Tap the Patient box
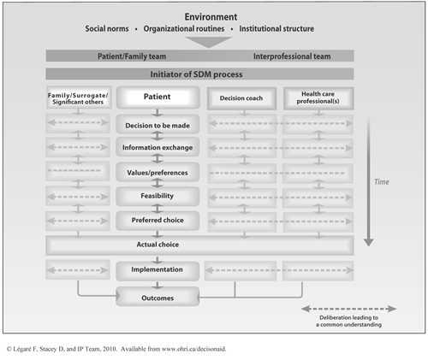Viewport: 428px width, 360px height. tap(157, 97)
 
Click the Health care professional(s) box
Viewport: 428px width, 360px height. tap(318, 97)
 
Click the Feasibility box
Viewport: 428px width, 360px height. tap(158, 196)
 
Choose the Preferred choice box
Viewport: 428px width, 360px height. tap(158, 220)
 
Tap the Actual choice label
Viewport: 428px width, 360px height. tap(158, 245)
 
